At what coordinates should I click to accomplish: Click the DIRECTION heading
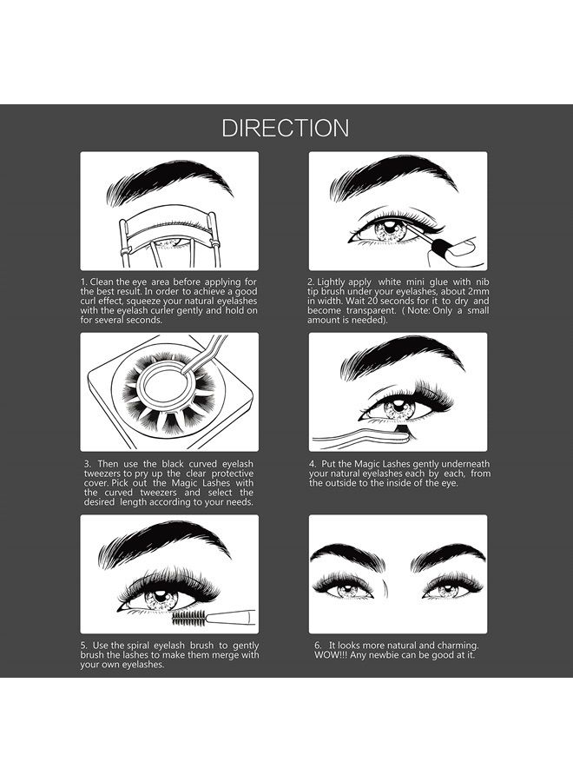286,129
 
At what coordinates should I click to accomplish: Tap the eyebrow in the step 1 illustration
169,181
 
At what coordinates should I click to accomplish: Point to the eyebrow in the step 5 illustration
165,540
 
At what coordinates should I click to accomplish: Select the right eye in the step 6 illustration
444,588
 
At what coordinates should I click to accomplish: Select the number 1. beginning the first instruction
84,282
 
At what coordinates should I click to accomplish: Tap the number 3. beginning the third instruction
88,463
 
